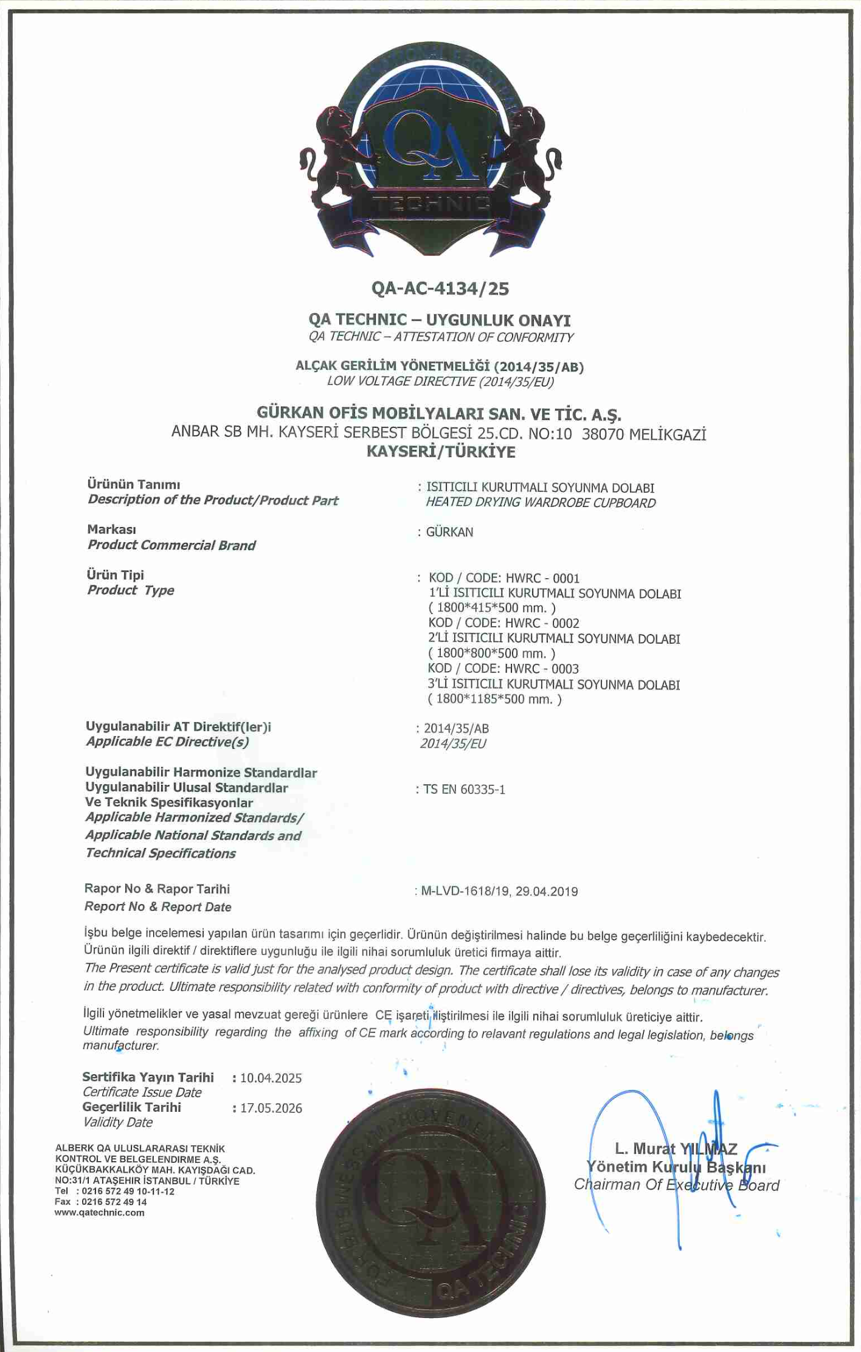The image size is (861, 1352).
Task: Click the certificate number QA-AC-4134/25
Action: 440,288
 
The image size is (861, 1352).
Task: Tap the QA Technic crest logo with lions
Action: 431,149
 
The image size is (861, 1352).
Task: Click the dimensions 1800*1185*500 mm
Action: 494,699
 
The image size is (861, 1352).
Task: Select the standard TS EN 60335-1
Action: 464,790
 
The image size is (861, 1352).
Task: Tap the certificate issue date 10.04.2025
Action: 271,1078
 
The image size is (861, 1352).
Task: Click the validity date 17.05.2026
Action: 271,1108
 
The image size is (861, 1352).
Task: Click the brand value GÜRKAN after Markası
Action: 449,532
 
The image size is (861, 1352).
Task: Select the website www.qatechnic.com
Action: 100,1212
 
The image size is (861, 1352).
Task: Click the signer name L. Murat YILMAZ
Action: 676,1148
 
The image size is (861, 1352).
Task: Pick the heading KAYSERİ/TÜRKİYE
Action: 441,452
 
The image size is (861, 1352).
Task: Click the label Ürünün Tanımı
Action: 133,485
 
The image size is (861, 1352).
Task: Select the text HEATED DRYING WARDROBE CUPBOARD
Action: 541,503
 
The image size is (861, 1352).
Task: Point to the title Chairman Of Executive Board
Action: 676,1185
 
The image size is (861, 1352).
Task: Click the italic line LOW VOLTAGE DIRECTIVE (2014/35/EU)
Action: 440,381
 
